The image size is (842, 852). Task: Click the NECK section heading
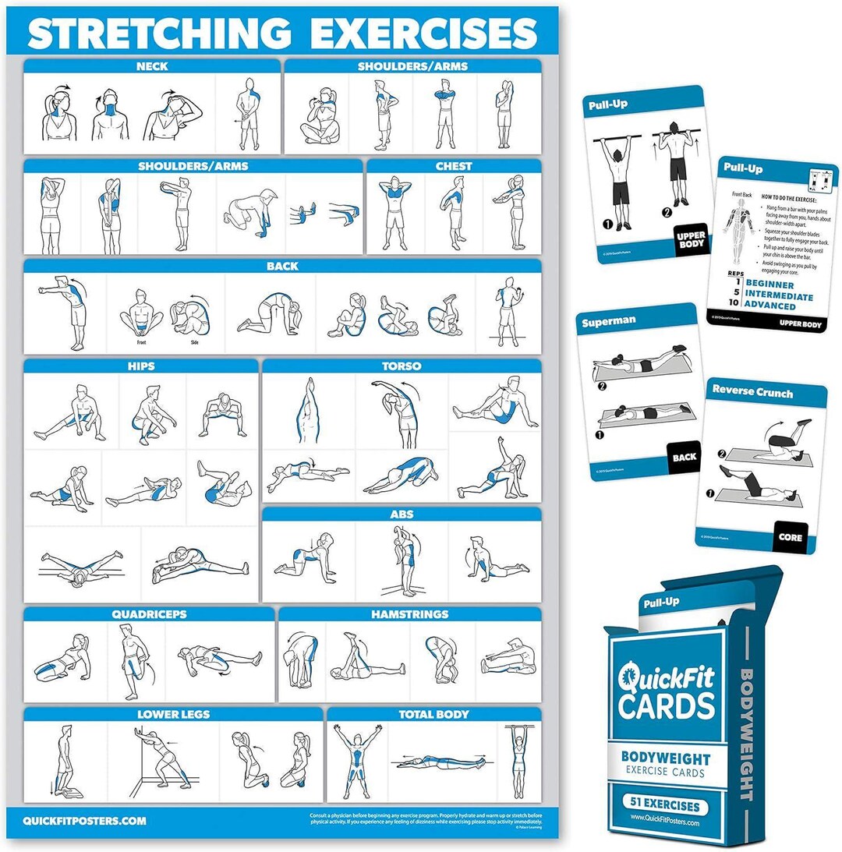click(151, 66)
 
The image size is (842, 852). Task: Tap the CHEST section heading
click(454, 166)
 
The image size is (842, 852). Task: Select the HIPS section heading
click(140, 366)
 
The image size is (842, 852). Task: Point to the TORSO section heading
click(402, 366)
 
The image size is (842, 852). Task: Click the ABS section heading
click(402, 514)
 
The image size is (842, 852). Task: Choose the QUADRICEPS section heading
click(149, 614)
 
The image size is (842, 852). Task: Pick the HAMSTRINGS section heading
click(409, 614)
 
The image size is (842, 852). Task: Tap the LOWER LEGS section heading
click(172, 714)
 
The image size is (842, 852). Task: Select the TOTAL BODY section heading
click(433, 714)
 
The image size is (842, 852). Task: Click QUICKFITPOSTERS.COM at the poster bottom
click(84, 821)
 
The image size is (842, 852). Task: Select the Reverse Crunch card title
click(752, 392)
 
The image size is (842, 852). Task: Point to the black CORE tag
click(789, 537)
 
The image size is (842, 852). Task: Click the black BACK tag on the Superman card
click(684, 458)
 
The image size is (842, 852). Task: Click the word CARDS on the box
click(667, 705)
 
